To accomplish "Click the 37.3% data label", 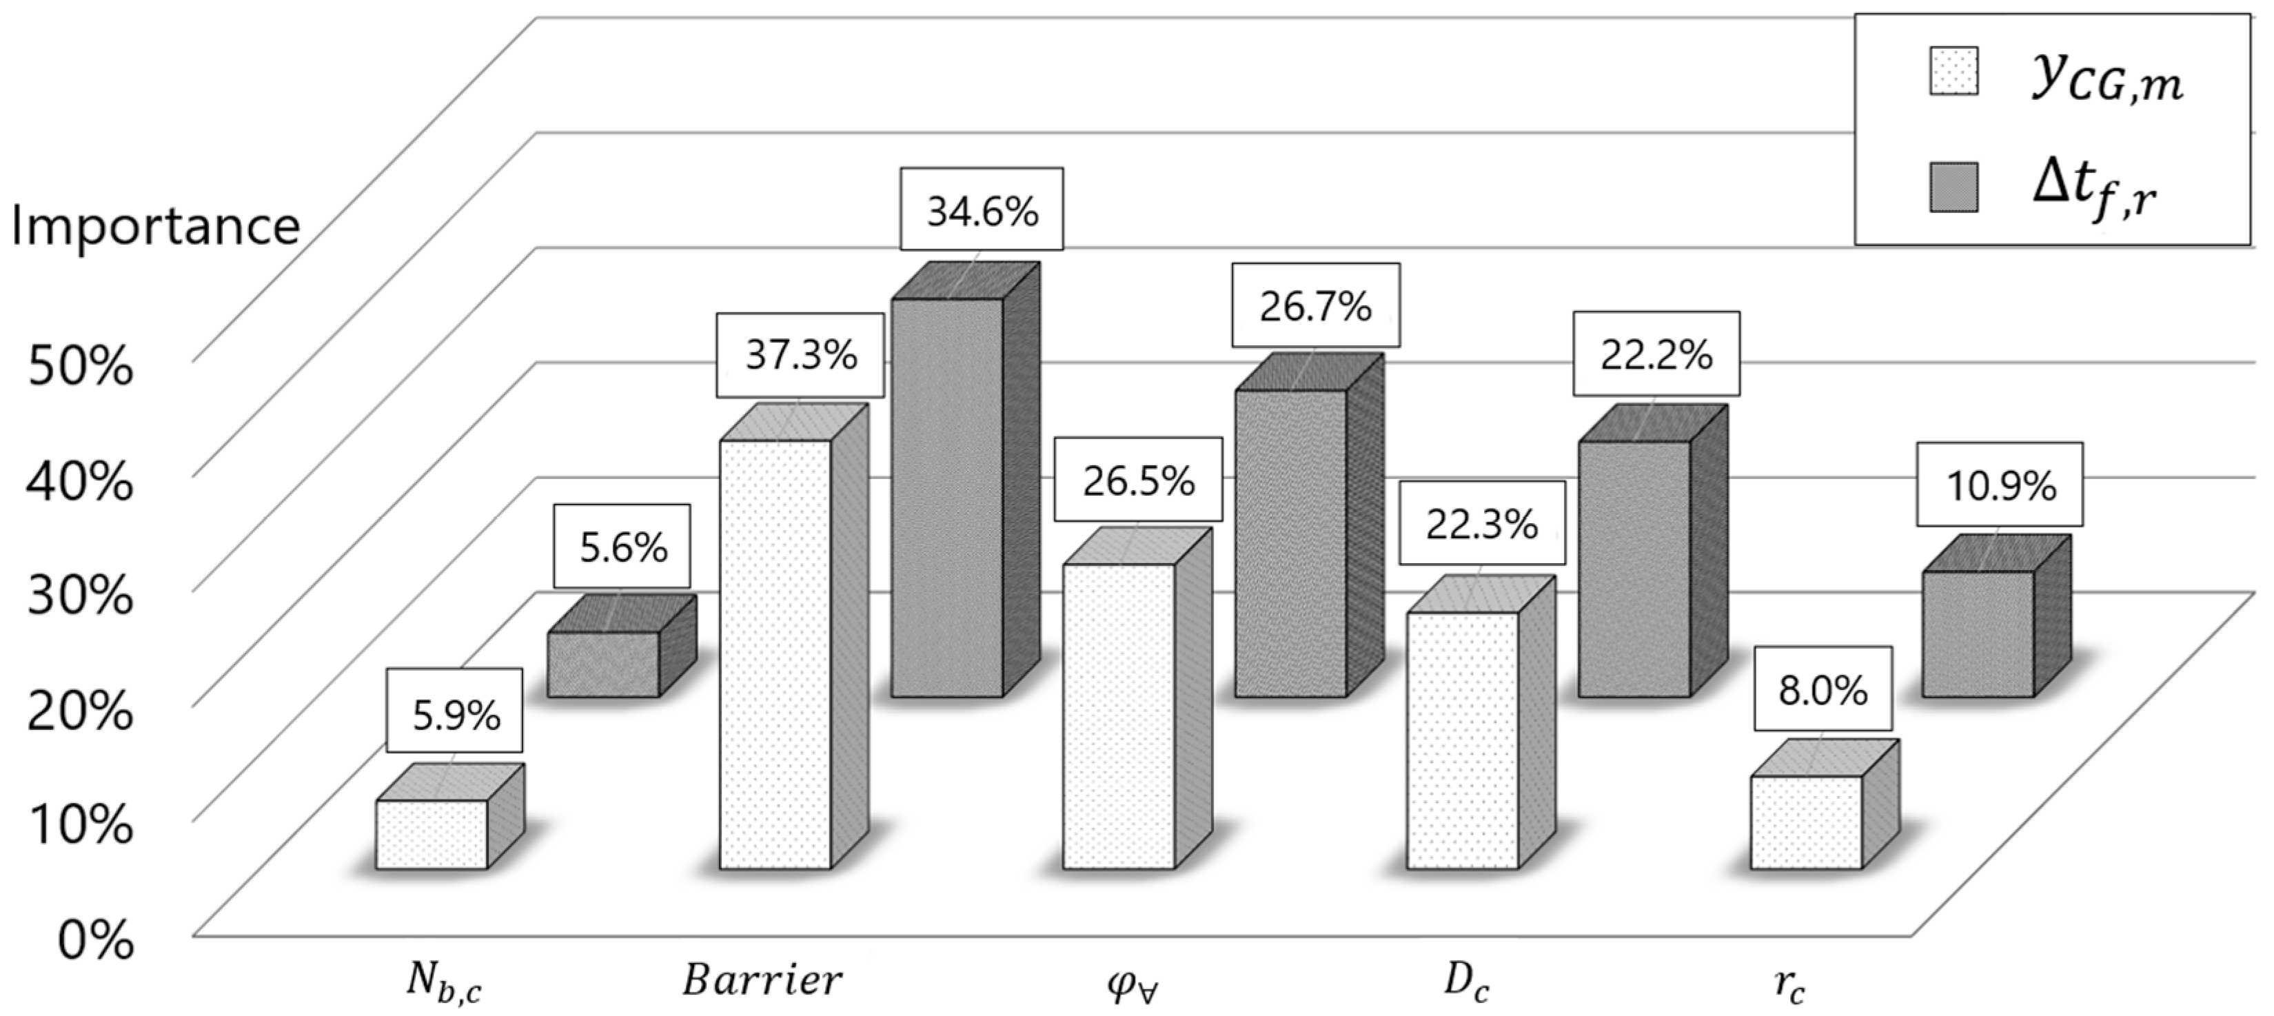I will (800, 355).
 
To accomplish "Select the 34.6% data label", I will (982, 210).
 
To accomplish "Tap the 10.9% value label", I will (2000, 485).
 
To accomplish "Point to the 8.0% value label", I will (1823, 689).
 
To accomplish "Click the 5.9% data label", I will (456, 714).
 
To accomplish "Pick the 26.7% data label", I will (1315, 305).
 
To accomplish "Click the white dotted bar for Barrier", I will (775, 653).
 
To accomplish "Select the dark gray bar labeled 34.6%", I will (946, 497).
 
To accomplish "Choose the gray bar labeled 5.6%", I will (604, 664).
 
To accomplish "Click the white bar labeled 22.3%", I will (1462, 740).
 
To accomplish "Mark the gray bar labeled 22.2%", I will (1634, 569).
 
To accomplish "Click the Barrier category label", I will (762, 979).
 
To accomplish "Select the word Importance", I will (155, 226).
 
